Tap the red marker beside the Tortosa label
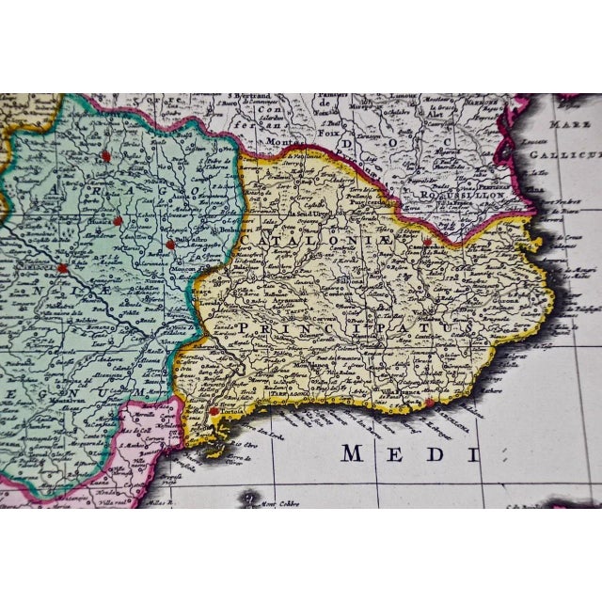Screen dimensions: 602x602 214,411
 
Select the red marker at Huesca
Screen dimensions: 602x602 118,221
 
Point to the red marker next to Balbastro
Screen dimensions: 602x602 170,245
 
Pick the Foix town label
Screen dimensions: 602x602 327,132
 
